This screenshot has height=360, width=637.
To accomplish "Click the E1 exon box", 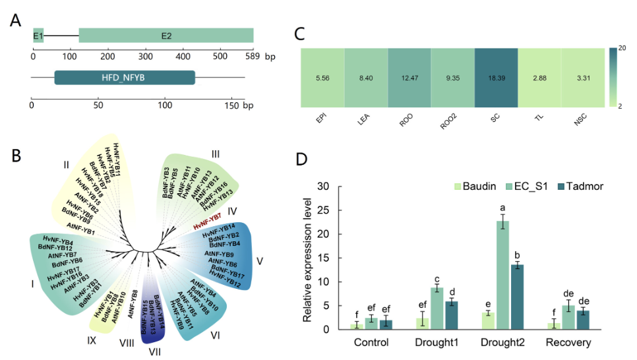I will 38,36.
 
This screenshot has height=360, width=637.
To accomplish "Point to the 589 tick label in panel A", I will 254,57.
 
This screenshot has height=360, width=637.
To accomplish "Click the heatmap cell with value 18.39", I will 496,78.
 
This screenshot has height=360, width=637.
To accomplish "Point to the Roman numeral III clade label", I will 215,154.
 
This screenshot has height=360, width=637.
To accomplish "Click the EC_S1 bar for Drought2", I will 502,275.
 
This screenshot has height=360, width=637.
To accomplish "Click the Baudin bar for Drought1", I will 421,323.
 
